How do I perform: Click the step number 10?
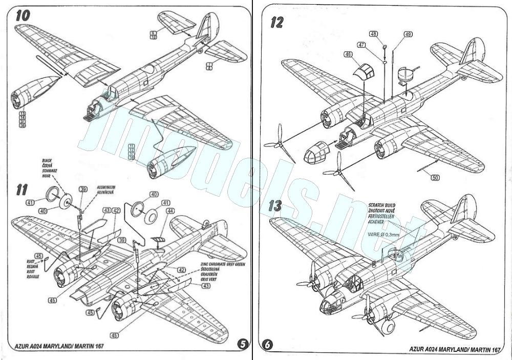point(22,15)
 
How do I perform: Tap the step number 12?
point(277,23)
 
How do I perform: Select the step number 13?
point(275,206)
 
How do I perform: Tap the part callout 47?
point(361,45)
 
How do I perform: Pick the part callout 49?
point(408,34)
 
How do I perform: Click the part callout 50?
point(435,178)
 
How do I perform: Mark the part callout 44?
point(169,210)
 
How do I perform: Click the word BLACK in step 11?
point(48,160)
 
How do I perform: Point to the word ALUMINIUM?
point(106,188)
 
